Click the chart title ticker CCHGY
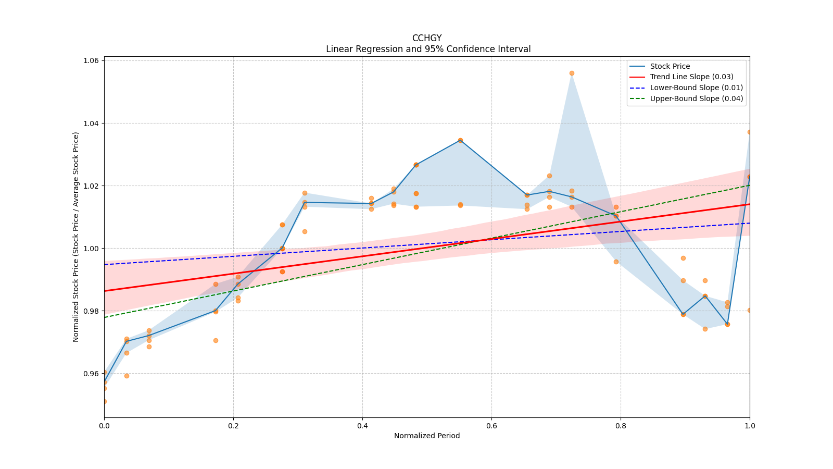coord(426,38)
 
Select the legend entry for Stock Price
coord(670,66)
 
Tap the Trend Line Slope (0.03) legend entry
coord(691,77)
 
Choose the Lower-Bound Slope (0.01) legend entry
coord(696,88)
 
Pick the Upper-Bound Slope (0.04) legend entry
coord(696,99)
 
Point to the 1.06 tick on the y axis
coord(92,61)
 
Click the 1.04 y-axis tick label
coord(92,124)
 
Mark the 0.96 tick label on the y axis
coord(92,374)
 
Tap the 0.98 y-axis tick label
coord(92,311)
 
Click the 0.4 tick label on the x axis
coord(362,426)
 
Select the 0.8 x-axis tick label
coord(621,426)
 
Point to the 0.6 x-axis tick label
coord(491,426)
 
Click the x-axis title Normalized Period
coord(427,436)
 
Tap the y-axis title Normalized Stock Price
coord(76,237)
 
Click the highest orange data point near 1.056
coord(572,73)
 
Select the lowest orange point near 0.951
coord(104,401)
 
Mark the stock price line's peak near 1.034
coord(460,140)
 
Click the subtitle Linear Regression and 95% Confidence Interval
coord(428,50)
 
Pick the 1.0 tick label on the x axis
coord(750,426)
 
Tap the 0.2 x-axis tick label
coord(233,426)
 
